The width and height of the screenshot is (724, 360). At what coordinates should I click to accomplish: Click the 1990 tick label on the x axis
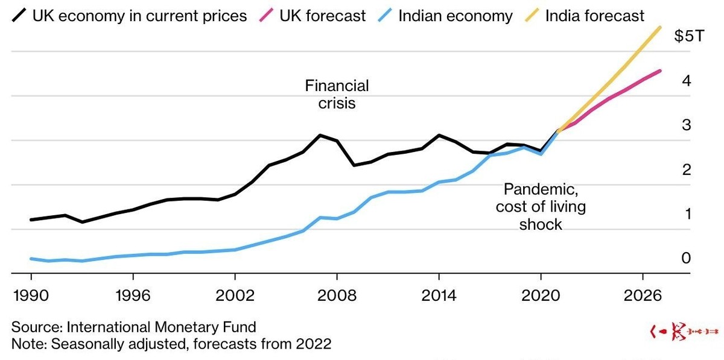(31, 295)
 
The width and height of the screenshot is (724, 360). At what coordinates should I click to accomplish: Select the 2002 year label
(235, 295)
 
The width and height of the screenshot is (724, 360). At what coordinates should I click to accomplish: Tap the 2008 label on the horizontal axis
(337, 295)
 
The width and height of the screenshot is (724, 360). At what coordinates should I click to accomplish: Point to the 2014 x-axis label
(439, 295)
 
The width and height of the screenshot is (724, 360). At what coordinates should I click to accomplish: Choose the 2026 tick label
(643, 295)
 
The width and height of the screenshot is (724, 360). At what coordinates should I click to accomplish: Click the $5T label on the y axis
(689, 36)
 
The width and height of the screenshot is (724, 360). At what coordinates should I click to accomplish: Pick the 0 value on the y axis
(686, 258)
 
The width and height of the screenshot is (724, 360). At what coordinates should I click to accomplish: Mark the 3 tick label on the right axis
(687, 125)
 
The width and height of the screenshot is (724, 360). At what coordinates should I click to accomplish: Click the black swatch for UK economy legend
(19, 15)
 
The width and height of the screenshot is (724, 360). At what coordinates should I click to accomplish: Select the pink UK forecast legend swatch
(266, 15)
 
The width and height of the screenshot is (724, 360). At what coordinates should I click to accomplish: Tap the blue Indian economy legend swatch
(385, 15)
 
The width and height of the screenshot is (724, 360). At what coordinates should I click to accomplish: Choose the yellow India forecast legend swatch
(532, 15)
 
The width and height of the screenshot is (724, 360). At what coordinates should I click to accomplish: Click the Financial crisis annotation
(337, 94)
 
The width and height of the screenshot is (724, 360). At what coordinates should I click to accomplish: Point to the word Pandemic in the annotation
(541, 189)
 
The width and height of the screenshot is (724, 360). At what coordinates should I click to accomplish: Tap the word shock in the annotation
(541, 224)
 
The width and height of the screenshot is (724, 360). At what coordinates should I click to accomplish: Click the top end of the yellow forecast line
(659, 28)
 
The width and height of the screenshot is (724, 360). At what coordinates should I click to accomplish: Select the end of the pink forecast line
(659, 71)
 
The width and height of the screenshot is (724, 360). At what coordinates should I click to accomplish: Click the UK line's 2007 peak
(320, 135)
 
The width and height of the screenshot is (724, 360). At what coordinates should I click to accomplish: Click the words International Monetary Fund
(161, 327)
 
